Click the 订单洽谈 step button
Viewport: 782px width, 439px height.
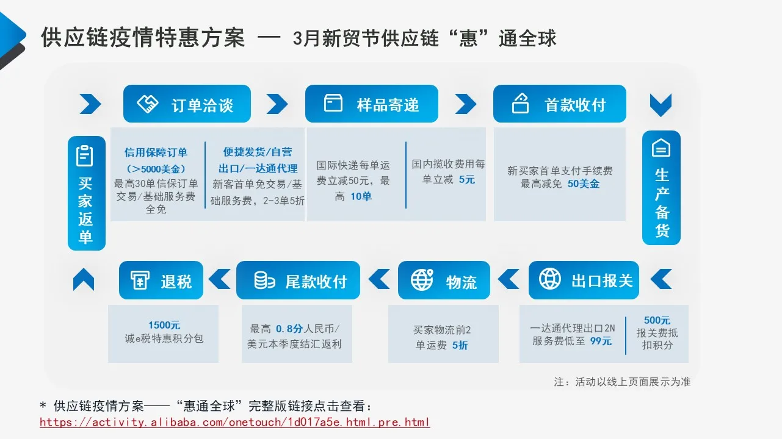(x=187, y=104)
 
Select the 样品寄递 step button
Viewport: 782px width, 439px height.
(x=371, y=104)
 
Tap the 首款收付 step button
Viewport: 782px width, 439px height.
(x=559, y=104)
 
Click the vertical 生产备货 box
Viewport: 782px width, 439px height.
(x=661, y=188)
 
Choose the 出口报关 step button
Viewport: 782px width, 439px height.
(x=584, y=280)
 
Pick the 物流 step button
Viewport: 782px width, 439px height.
(x=444, y=280)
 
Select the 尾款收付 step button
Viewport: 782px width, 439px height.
(x=298, y=280)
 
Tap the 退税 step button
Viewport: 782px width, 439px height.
(x=161, y=280)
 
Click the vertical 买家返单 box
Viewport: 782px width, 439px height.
(x=86, y=193)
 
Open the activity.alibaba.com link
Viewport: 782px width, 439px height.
(x=235, y=422)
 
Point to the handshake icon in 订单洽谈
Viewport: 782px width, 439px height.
(x=148, y=104)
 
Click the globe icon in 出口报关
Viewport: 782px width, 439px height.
(x=550, y=279)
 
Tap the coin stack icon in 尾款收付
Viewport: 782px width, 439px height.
(x=264, y=280)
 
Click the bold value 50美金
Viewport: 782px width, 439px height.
(x=584, y=184)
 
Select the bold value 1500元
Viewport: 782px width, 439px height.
(x=164, y=326)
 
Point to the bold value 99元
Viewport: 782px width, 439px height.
(x=601, y=341)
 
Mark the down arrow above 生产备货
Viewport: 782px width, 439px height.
(x=661, y=105)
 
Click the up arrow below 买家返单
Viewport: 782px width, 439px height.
(x=84, y=280)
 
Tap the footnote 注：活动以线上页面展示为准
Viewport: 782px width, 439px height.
(x=622, y=382)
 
